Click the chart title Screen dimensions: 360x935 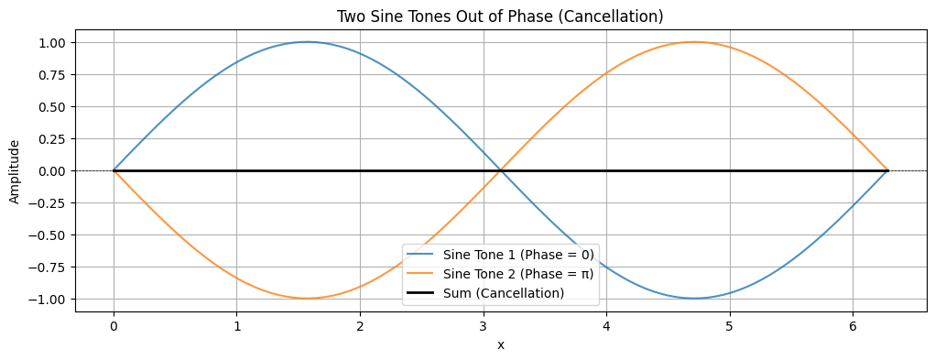(x=500, y=16)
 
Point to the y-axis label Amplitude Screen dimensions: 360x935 (x=14, y=171)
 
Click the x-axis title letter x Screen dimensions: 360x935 (x=500, y=345)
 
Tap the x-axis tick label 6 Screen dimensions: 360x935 (x=853, y=326)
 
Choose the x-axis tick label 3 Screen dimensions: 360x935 (x=484, y=326)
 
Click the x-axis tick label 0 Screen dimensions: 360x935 (x=114, y=326)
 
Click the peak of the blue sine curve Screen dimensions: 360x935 (x=307, y=41)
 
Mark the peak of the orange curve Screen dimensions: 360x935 (x=694, y=41)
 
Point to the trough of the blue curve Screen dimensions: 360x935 (x=694, y=299)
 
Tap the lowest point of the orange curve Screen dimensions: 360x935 (x=307, y=299)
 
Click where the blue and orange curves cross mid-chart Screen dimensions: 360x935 (x=500, y=170)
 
